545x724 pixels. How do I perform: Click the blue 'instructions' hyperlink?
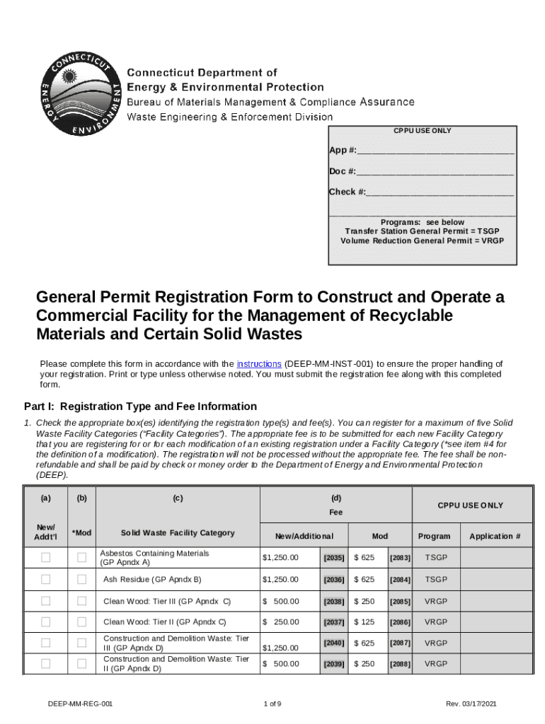point(259,363)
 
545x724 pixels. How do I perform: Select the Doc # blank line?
point(435,171)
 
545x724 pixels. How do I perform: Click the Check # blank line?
point(440,192)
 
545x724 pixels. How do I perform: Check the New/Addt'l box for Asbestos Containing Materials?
point(46,558)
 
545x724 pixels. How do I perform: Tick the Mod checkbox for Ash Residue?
point(81,579)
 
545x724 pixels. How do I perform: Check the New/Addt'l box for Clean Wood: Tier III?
point(46,601)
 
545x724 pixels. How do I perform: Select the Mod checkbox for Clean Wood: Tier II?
point(81,622)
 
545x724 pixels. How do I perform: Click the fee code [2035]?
point(334,558)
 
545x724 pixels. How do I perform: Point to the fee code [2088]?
point(400,665)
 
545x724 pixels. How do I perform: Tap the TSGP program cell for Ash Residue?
point(436,579)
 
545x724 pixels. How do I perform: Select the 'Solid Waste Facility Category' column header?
point(178,532)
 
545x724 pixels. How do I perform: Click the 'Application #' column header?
point(495,536)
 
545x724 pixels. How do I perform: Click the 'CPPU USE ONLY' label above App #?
point(423,131)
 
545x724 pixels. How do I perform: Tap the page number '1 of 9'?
point(272,704)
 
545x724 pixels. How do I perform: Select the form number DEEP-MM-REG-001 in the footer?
point(81,704)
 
